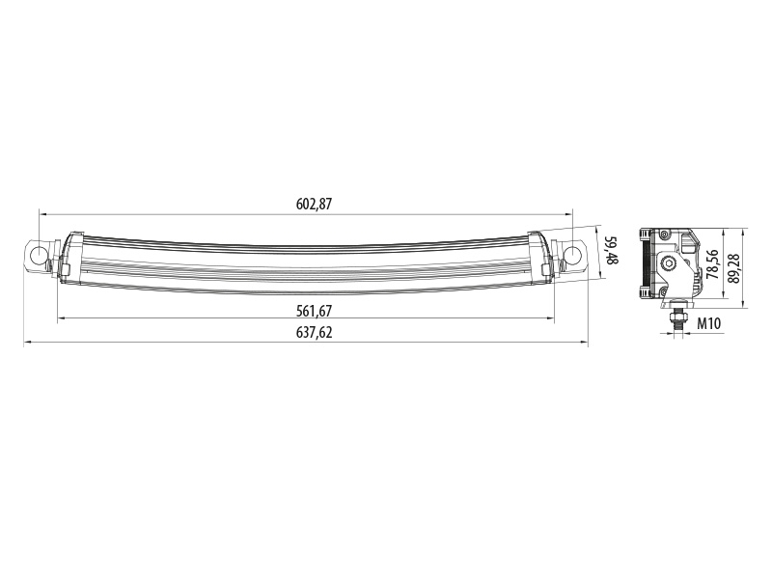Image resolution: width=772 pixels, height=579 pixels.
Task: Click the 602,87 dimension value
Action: coord(315,204)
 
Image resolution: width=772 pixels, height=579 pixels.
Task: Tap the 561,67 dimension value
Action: coord(315,311)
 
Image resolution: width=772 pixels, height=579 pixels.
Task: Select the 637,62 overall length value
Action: coord(315,332)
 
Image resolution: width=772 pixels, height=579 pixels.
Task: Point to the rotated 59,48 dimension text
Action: coord(611,251)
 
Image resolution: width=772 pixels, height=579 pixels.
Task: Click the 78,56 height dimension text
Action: coord(712,263)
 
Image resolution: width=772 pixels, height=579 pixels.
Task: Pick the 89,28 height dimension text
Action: coord(733,268)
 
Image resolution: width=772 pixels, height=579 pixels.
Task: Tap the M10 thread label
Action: coord(709,323)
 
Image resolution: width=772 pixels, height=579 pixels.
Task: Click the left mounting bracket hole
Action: coord(38,255)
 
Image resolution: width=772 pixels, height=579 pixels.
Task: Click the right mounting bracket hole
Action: coord(572,255)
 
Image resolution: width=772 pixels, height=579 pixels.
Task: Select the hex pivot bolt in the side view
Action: coord(668,263)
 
